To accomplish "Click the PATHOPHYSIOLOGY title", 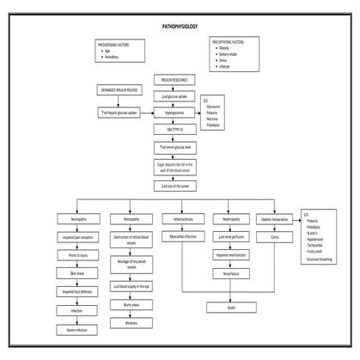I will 179,27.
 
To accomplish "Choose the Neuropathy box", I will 78,220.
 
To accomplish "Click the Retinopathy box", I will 131,220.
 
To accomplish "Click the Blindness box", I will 131,323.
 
